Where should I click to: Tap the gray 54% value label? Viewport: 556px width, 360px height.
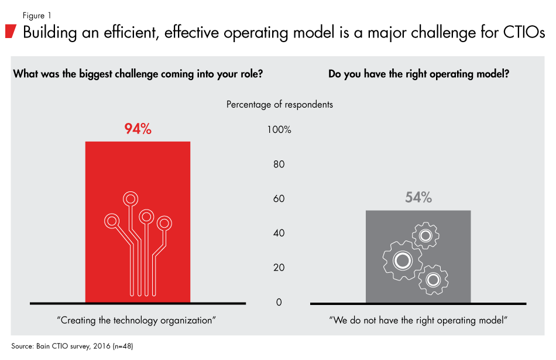pyautogui.click(x=418, y=198)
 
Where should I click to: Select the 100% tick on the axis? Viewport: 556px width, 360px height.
pyautogui.click(x=279, y=129)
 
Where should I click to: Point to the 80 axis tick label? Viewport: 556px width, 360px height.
pyautogui.click(x=279, y=164)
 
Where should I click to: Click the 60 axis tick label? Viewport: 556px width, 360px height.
pyautogui.click(x=279, y=198)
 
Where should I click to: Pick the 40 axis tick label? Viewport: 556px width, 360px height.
pyautogui.click(x=279, y=233)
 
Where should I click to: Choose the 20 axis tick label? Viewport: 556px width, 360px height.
pyautogui.click(x=279, y=268)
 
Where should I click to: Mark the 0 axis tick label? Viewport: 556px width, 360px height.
pyautogui.click(x=279, y=302)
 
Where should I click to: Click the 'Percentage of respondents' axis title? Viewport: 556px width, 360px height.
pyautogui.click(x=279, y=104)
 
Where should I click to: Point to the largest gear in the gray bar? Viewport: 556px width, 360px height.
pyautogui.click(x=401, y=259)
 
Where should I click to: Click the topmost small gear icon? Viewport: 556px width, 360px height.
pyautogui.click(x=425, y=236)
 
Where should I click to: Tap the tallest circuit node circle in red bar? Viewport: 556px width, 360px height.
pyautogui.click(x=130, y=198)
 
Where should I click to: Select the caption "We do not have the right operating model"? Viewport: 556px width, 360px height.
pyautogui.click(x=418, y=320)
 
